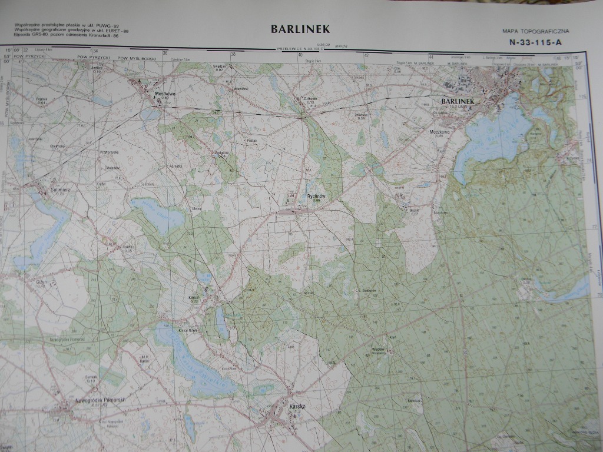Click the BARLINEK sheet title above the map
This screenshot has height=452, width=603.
click(300, 29)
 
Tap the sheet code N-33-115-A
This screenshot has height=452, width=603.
click(535, 42)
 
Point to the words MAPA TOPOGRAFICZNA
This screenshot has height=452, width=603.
click(536, 30)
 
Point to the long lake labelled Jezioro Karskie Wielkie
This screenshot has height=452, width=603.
click(194, 359)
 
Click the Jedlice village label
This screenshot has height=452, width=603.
click(97, 68)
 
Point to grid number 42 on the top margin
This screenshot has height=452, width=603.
click(366, 55)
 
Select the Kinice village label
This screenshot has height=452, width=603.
click(194, 298)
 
